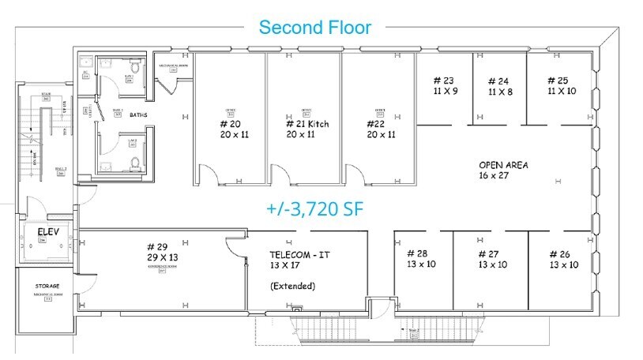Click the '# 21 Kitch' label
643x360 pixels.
(306, 124)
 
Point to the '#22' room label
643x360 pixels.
(375, 124)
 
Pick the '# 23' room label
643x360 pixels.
(445, 81)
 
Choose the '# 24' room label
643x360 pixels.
(499, 81)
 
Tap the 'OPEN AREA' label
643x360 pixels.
(503, 165)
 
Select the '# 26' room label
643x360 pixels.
(563, 253)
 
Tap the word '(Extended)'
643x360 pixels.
(292, 285)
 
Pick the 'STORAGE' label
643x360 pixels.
(47, 286)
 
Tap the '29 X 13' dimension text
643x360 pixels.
(162, 258)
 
